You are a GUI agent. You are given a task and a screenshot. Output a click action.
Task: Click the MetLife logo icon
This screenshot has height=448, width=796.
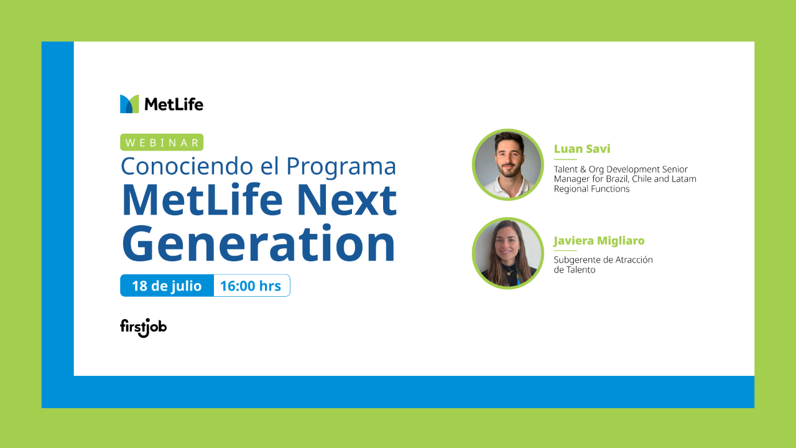coord(129,104)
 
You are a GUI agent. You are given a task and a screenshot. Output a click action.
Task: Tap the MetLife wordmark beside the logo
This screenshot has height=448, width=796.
coord(174,105)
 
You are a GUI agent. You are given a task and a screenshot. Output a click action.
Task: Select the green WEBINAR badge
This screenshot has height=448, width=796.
coord(162,142)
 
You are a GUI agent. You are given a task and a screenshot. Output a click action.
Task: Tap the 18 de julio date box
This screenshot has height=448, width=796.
coord(167,286)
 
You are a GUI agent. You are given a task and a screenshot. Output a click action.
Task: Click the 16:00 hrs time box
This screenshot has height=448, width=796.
coord(251,286)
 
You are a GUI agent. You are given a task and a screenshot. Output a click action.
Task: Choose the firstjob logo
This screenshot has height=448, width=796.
coord(143,327)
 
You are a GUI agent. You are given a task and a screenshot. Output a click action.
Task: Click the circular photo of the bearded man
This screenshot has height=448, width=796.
coord(508,165)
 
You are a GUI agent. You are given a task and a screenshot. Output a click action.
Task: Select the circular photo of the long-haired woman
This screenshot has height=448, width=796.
coord(508,253)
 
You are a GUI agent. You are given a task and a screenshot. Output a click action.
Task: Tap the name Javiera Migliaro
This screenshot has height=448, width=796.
coord(599,241)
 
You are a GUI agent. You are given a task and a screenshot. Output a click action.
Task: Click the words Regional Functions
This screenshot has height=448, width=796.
coord(591,189)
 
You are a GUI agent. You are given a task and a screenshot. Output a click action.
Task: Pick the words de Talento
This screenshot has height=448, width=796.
coord(575,270)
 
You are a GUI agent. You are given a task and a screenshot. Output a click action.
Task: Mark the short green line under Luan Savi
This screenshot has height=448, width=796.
coord(565,160)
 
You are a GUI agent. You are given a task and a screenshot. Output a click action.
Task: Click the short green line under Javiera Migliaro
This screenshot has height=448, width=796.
coord(565,251)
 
